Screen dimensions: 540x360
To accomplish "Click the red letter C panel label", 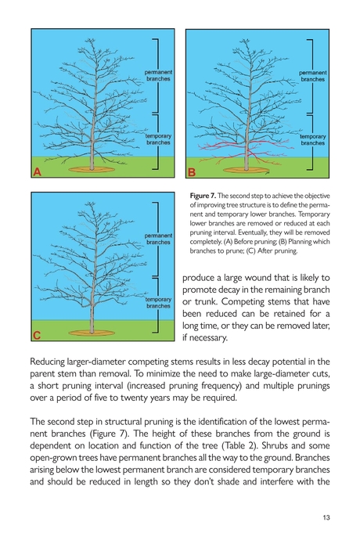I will (x=36, y=336).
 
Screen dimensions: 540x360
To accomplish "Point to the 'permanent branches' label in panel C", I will (x=157, y=239).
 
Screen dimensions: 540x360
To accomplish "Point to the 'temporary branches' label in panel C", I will (x=157, y=303).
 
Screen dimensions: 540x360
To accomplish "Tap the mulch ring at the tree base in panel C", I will (x=92, y=333).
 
